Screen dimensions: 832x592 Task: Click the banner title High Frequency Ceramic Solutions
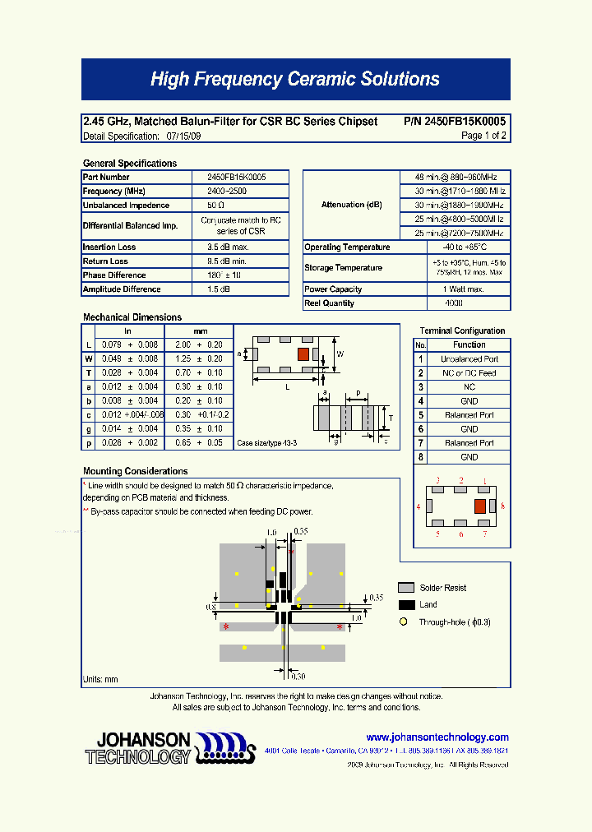[295, 80]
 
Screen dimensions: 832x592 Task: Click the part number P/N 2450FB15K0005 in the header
[455, 122]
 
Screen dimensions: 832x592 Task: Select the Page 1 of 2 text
[483, 136]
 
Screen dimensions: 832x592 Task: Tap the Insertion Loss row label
[109, 247]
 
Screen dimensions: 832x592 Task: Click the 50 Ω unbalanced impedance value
[216, 206]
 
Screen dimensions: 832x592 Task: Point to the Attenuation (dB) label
[351, 205]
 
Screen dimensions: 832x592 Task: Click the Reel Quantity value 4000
[454, 303]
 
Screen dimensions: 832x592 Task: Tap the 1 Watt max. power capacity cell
[465, 289]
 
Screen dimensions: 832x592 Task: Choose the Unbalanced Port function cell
[469, 359]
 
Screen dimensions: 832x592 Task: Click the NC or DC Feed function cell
[469, 373]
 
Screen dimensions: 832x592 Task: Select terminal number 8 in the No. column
[420, 457]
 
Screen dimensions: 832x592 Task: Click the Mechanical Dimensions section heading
[132, 317]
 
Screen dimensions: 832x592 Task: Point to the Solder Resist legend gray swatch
[406, 588]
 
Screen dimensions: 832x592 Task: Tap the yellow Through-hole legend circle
[403, 622]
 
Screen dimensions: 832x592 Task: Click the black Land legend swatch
[406, 605]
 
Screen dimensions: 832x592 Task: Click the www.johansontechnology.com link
[437, 737]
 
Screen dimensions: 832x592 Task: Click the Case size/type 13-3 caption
[266, 443]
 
